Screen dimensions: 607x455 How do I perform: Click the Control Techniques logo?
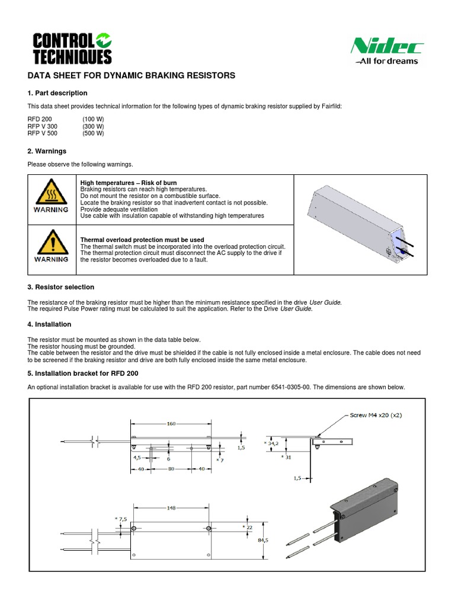point(71,48)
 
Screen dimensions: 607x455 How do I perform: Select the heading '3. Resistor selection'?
point(61,287)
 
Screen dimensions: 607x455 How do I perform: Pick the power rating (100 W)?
point(93,119)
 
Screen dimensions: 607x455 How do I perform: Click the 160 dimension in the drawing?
point(171,424)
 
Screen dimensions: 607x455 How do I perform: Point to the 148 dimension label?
point(171,507)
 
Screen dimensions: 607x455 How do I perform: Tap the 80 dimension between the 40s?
point(171,469)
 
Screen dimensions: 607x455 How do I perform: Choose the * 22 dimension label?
point(248,526)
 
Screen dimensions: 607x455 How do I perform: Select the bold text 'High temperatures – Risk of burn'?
point(128,183)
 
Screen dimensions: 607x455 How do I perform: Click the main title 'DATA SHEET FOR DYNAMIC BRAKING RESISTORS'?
point(132,76)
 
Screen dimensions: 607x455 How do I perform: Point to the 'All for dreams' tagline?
point(387,61)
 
